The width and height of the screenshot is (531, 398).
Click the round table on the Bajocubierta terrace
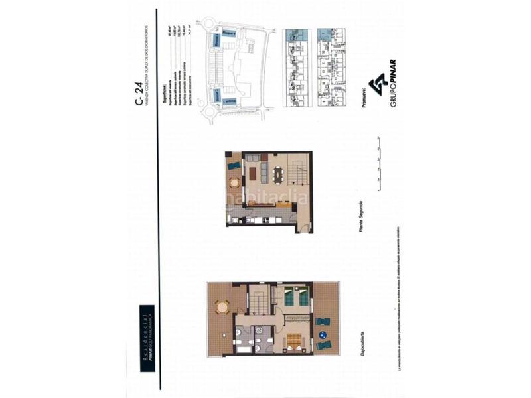[x=221, y=306]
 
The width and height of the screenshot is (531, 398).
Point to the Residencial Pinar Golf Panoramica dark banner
[x=146, y=332]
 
